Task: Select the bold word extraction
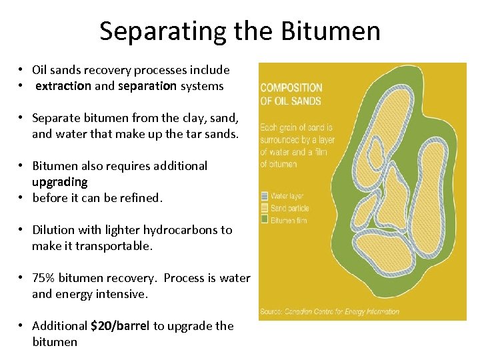click(x=63, y=86)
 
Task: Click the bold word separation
click(x=147, y=86)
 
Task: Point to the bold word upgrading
click(x=59, y=182)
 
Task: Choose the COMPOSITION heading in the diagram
click(x=291, y=88)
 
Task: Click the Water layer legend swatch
click(x=264, y=196)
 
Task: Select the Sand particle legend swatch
click(x=264, y=208)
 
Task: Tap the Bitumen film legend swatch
click(x=264, y=220)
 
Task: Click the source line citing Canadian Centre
click(x=330, y=311)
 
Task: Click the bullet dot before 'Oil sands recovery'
click(x=22, y=70)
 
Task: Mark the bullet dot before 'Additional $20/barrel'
click(x=22, y=326)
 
